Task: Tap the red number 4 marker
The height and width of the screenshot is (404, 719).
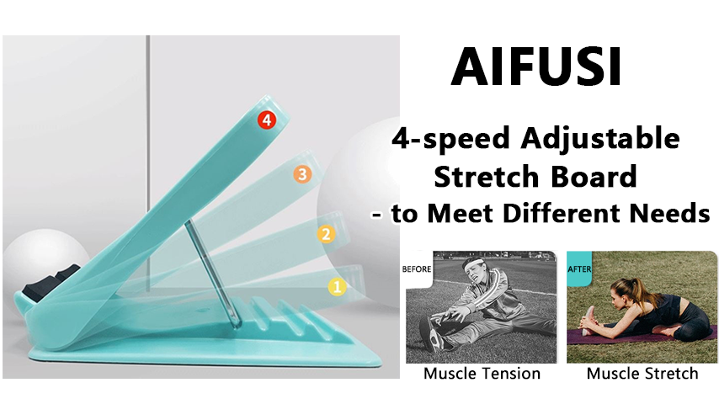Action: (267, 120)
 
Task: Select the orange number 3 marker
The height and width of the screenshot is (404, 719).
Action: (302, 175)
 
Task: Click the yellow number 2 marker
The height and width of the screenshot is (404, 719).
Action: (324, 234)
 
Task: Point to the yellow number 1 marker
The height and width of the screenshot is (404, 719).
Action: (337, 286)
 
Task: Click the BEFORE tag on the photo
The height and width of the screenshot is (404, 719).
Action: (418, 270)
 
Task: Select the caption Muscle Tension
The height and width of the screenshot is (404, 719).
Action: (482, 373)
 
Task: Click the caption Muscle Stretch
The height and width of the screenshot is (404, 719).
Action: (642, 373)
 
